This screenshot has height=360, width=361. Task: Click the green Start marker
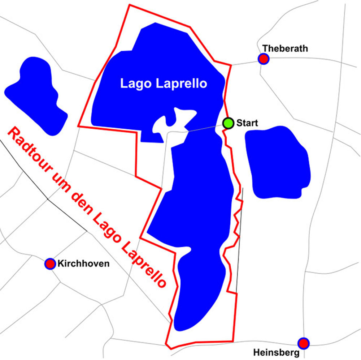tap(228, 123)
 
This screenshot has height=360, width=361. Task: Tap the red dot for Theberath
tap(264, 59)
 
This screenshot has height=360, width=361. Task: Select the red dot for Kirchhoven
tap(49, 264)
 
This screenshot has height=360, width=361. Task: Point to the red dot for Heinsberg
tap(303, 343)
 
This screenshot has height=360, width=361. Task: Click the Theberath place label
tap(285, 48)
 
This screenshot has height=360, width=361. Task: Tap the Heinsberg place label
tap(276, 352)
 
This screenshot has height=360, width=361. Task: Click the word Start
tap(247, 123)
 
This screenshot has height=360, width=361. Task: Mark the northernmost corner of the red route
tap(129, 5)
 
